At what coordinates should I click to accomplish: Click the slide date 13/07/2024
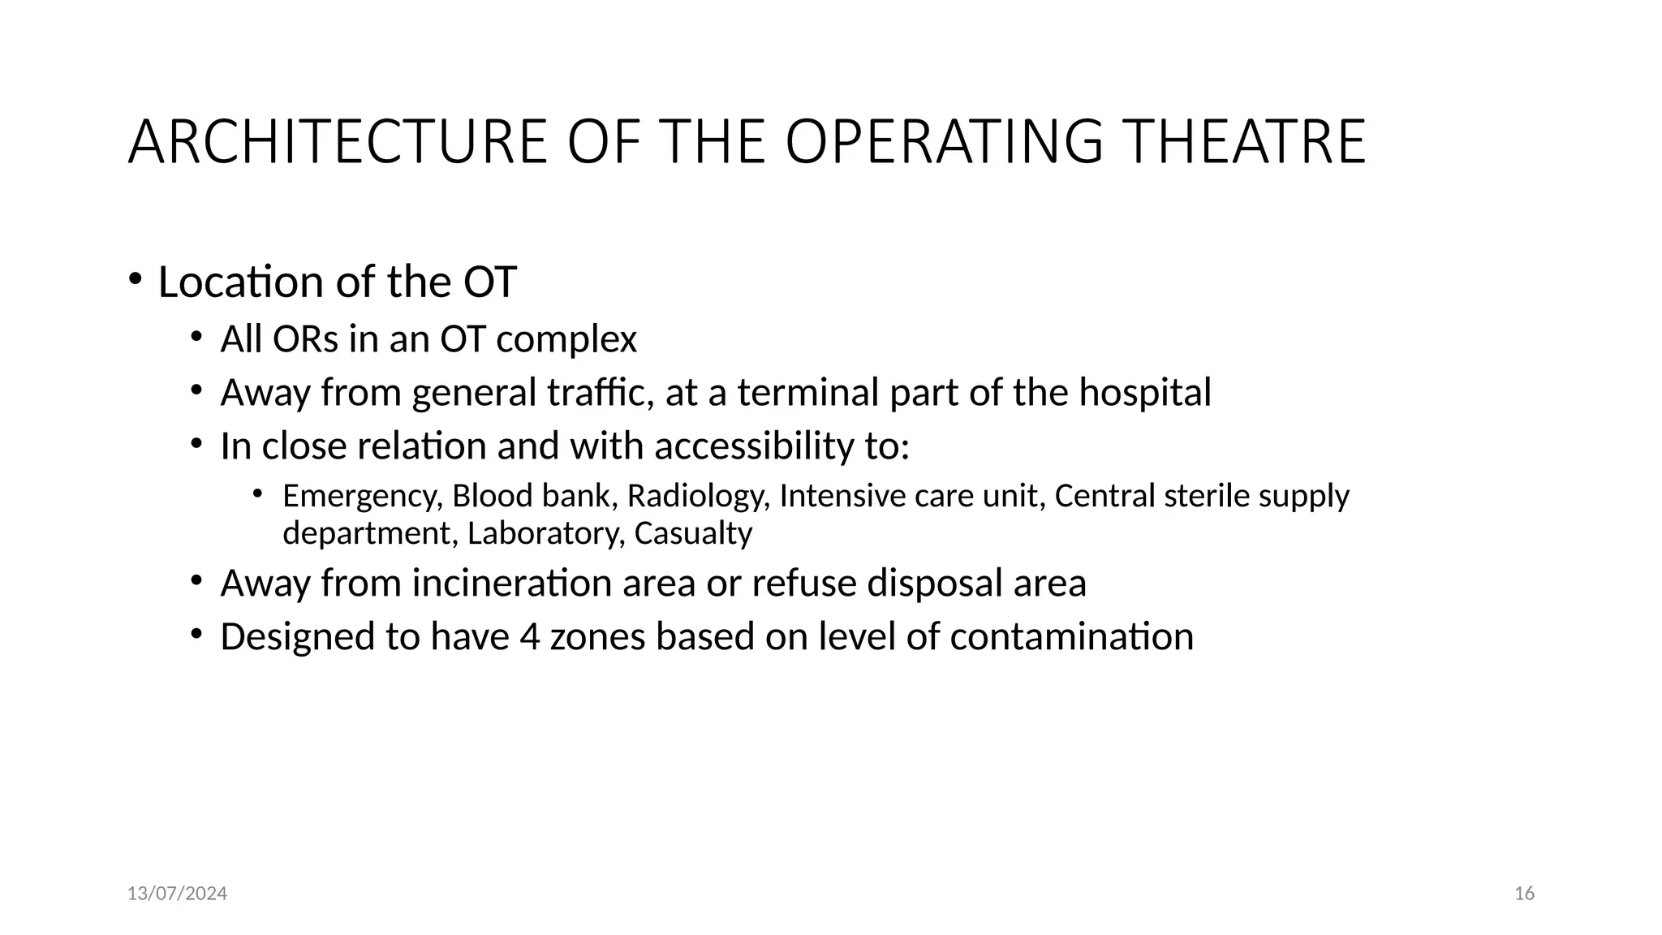coord(177,894)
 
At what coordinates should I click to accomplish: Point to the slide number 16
coord(1524,894)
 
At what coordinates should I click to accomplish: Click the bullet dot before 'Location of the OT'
coord(135,279)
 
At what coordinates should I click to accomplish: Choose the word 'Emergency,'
coord(363,497)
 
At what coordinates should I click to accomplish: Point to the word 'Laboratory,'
coord(546,534)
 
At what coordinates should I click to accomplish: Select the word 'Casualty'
coord(693,534)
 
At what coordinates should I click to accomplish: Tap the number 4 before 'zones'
coord(529,636)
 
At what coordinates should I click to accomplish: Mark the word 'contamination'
coord(1071,636)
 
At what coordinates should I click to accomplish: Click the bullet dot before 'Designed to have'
coord(196,634)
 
